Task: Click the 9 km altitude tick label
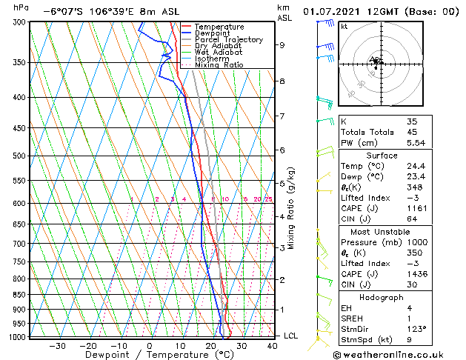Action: pos(282,45)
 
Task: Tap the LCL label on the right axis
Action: pos(292,336)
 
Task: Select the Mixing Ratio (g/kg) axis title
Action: pos(291,208)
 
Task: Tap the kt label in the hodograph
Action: pos(344,26)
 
